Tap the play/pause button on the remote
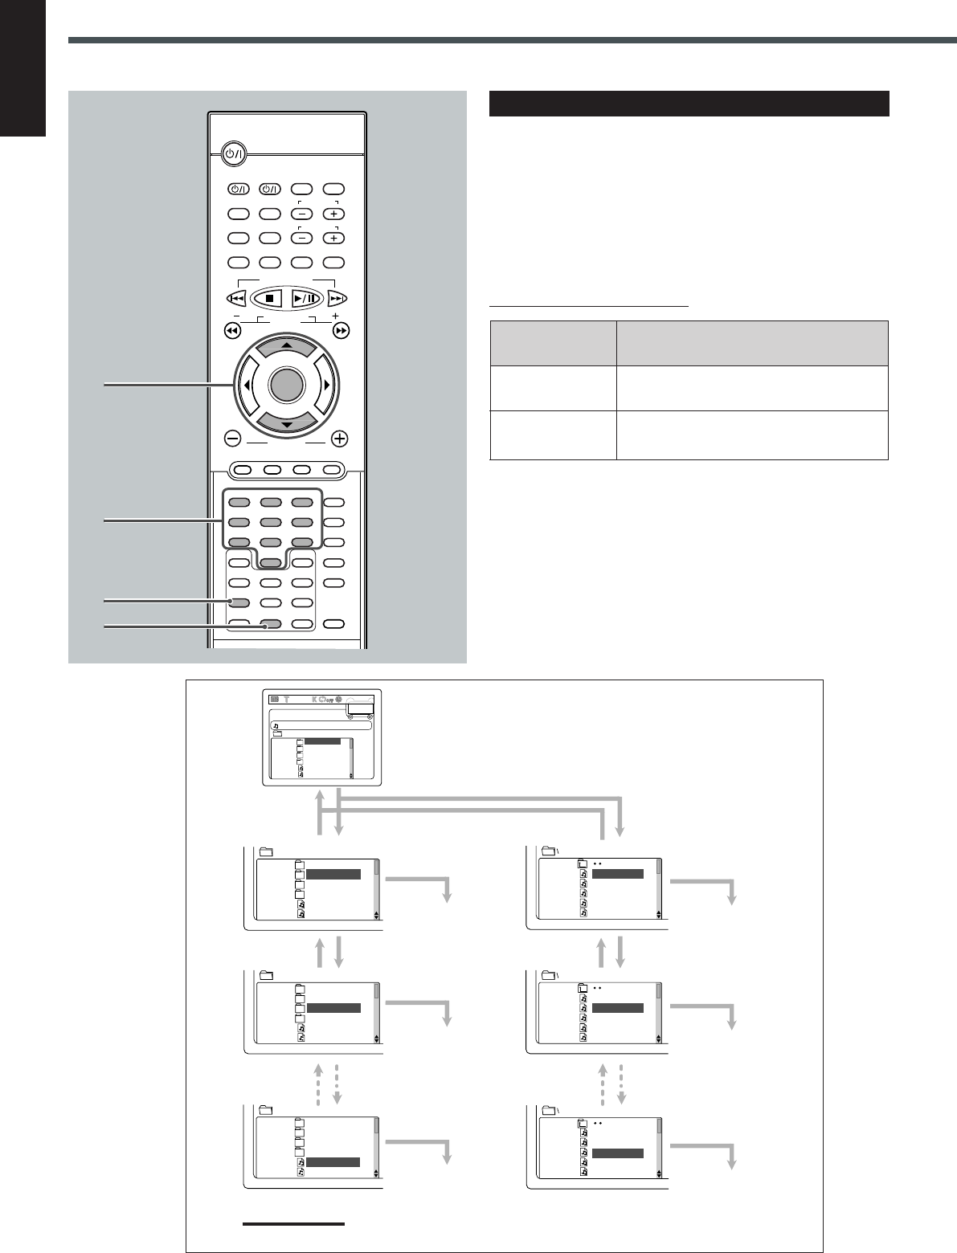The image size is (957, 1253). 307,297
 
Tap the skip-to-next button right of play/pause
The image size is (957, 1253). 337,298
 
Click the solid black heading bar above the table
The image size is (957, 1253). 689,104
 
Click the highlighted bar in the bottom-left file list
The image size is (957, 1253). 333,1161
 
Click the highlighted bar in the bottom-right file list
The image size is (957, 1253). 617,1153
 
